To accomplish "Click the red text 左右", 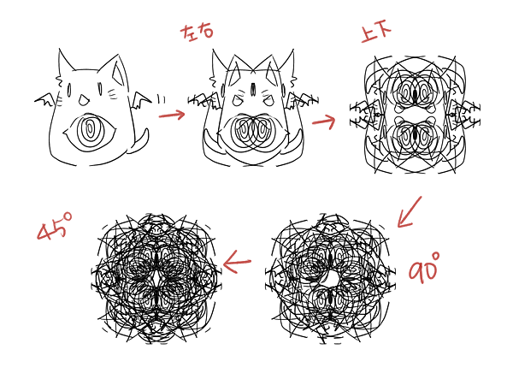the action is pyautogui.click(x=197, y=33).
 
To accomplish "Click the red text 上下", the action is pyautogui.click(x=376, y=33).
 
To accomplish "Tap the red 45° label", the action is pyautogui.click(x=55, y=226).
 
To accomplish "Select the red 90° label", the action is pyautogui.click(x=423, y=268).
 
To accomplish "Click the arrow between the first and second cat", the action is pyautogui.click(x=172, y=115).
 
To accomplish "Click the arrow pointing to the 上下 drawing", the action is pyautogui.click(x=324, y=121).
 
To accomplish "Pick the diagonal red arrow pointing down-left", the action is pyautogui.click(x=410, y=212).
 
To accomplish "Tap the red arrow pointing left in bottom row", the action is pyautogui.click(x=237, y=262).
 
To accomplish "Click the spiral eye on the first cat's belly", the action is pyautogui.click(x=89, y=131).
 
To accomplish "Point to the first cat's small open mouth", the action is pyautogui.click(x=83, y=100).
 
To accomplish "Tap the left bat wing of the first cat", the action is pyautogui.click(x=44, y=100).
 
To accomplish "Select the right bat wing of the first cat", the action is pyautogui.click(x=141, y=100).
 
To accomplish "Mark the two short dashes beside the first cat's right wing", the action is pyautogui.click(x=162, y=99).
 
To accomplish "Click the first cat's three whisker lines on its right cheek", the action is pyautogui.click(x=113, y=93).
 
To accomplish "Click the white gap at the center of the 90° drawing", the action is pyautogui.click(x=333, y=279).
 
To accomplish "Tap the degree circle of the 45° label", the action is pyautogui.click(x=67, y=216).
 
